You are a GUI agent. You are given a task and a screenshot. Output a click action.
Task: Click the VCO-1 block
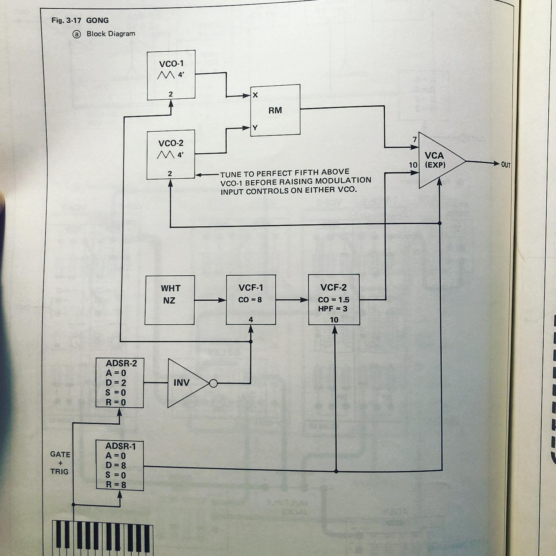click(x=171, y=75)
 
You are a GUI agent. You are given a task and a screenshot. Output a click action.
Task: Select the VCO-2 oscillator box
click(x=171, y=154)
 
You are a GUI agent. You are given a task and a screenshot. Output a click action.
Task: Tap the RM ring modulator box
click(x=275, y=110)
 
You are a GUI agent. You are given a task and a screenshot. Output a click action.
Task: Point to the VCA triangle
click(x=438, y=160)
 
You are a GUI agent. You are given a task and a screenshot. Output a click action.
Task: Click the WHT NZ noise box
click(x=170, y=300)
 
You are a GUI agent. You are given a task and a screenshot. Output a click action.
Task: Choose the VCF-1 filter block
click(x=251, y=300)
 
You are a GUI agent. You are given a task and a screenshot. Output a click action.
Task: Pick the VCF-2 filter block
click(x=334, y=300)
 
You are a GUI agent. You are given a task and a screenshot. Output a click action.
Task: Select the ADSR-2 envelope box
click(x=120, y=383)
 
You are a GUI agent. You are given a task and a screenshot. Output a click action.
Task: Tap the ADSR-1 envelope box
click(x=120, y=466)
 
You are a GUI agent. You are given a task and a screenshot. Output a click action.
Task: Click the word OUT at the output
click(x=506, y=165)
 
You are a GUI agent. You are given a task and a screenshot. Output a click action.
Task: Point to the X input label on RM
click(x=255, y=95)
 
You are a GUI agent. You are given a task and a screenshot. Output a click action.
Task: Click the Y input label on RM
click(x=255, y=128)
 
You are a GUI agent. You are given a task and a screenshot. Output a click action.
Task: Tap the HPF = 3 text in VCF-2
click(x=333, y=309)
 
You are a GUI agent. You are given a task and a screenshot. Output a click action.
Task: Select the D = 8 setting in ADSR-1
click(x=116, y=466)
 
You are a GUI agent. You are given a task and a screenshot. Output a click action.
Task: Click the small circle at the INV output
click(x=213, y=383)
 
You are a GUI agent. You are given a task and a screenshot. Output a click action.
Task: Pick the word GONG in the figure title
click(x=97, y=20)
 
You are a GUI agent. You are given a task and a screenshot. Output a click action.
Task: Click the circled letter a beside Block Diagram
click(x=77, y=34)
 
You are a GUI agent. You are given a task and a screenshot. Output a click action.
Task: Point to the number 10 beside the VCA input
click(x=413, y=165)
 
